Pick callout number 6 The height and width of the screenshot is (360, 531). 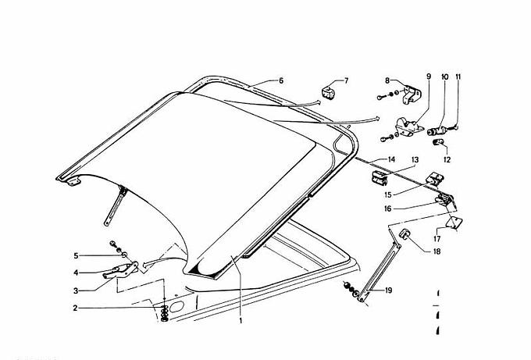(x=280, y=80)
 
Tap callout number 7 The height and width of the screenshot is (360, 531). (x=347, y=80)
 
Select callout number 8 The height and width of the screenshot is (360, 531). (x=387, y=80)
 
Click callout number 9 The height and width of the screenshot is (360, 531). (x=428, y=77)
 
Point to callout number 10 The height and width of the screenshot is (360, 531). (x=444, y=77)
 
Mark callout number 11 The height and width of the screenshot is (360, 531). (x=458, y=77)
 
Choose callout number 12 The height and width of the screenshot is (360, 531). (x=447, y=159)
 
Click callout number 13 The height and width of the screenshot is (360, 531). (x=415, y=159)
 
